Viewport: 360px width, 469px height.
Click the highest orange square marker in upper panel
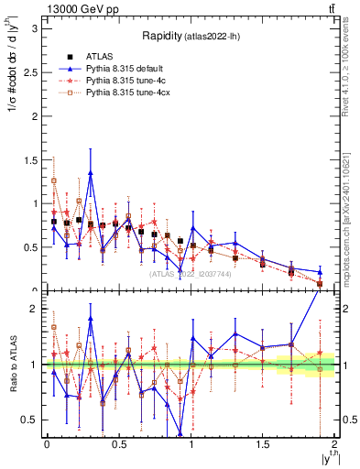pyautogui.click(x=54, y=180)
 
